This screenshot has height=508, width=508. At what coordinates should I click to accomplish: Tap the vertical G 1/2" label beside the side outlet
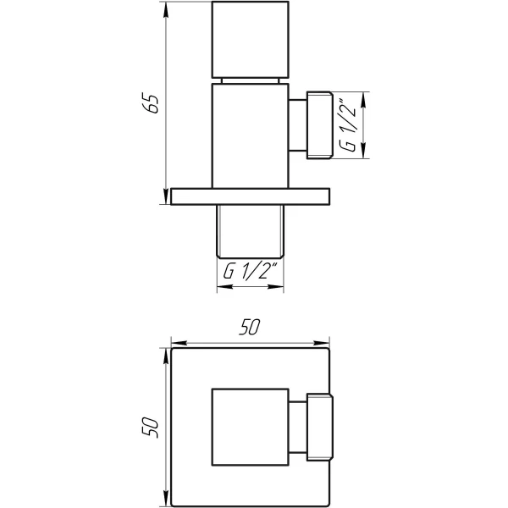(347, 125)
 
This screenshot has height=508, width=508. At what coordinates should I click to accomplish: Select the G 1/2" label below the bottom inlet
(250, 273)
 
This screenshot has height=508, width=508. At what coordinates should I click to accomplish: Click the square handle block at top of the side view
(250, 39)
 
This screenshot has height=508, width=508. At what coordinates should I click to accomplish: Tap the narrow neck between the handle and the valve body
(250, 80)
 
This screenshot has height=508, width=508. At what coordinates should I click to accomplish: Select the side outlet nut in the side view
(319, 125)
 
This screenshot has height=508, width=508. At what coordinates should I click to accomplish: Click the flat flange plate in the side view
(250, 196)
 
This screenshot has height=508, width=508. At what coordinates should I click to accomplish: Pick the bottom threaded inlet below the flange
(250, 231)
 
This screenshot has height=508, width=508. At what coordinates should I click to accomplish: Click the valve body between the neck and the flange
(250, 135)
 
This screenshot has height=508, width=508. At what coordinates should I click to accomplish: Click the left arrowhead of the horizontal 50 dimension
(176, 345)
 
